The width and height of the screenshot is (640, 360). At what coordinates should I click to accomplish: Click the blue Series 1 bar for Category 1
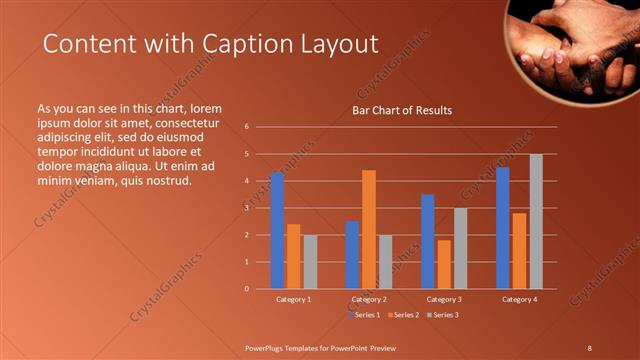click(x=277, y=231)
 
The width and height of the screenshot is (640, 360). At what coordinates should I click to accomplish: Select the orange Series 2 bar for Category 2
click(x=369, y=229)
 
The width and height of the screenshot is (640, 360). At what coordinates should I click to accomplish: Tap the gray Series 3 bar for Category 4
click(x=536, y=221)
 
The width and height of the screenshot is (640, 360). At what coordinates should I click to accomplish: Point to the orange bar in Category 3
click(x=444, y=264)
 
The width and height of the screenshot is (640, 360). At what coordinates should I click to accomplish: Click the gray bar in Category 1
click(x=310, y=262)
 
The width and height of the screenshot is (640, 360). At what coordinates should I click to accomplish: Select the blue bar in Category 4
click(x=503, y=228)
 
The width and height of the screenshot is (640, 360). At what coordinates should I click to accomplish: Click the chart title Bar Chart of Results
click(x=402, y=110)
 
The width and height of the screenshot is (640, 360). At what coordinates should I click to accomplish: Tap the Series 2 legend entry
click(x=401, y=315)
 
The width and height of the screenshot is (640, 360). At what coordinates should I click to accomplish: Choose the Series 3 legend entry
click(x=443, y=315)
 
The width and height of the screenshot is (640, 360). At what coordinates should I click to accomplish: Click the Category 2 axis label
click(x=369, y=299)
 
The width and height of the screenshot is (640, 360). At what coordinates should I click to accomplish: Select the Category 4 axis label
click(x=520, y=299)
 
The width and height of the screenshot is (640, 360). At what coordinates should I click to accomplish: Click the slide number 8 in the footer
click(x=589, y=347)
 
